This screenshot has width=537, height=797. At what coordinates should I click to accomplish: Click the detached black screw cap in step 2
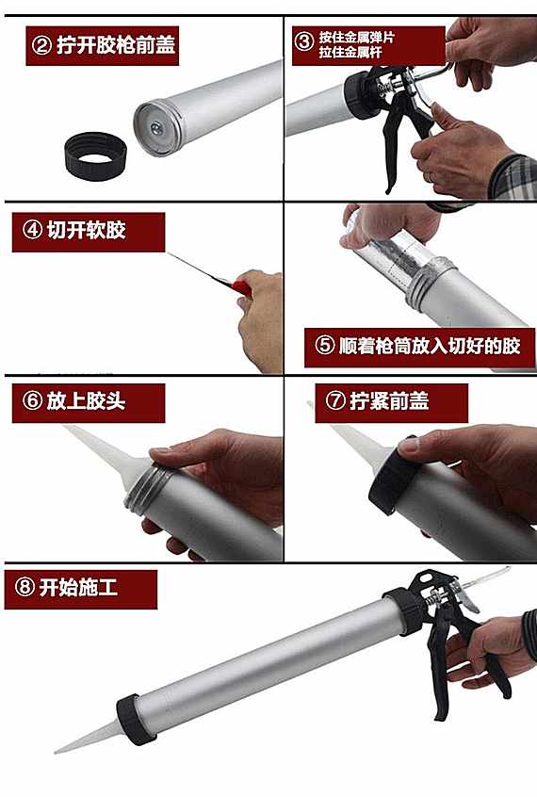pos(95,156)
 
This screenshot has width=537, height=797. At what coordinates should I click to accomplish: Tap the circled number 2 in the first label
pos(41,46)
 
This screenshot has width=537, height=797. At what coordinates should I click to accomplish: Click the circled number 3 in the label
pos(304,41)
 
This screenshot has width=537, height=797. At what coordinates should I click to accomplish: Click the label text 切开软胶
pos(87,230)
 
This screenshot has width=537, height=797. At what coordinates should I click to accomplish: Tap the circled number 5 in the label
pos(325,346)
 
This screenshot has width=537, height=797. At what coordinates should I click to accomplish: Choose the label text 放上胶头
pos(86,401)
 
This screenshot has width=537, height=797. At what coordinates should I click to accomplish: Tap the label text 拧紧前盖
pos(389,401)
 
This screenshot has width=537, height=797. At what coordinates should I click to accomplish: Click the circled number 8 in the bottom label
pos(24,588)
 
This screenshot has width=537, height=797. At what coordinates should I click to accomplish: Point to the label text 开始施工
pos(79,588)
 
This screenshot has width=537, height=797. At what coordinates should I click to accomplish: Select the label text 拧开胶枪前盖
pos(117,46)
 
